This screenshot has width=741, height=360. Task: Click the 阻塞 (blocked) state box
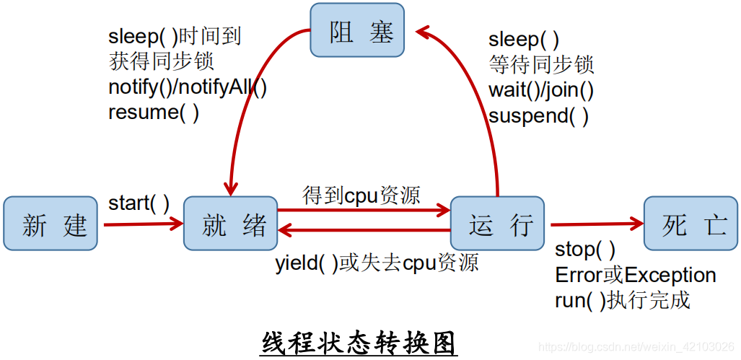point(357,30)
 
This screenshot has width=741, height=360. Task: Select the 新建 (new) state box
point(50,224)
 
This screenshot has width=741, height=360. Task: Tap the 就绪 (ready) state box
point(230,224)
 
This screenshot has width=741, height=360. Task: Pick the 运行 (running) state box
point(497,224)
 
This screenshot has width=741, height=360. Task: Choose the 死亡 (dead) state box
point(690,224)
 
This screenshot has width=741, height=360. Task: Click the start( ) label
point(139,203)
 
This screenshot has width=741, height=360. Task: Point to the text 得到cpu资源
point(361,195)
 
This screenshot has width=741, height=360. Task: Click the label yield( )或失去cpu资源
point(377,263)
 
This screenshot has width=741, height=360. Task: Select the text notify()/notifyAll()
point(188,87)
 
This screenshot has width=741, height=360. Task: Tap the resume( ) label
point(154,113)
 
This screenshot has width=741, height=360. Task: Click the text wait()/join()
point(541,90)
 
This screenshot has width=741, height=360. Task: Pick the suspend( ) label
point(538,115)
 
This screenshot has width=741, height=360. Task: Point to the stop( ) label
point(585,250)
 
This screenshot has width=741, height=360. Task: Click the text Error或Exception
point(635,275)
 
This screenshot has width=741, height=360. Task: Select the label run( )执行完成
point(623,299)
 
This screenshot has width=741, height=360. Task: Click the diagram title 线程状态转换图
point(359,341)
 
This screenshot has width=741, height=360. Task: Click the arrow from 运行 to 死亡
point(596,224)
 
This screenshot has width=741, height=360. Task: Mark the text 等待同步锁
point(541,65)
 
